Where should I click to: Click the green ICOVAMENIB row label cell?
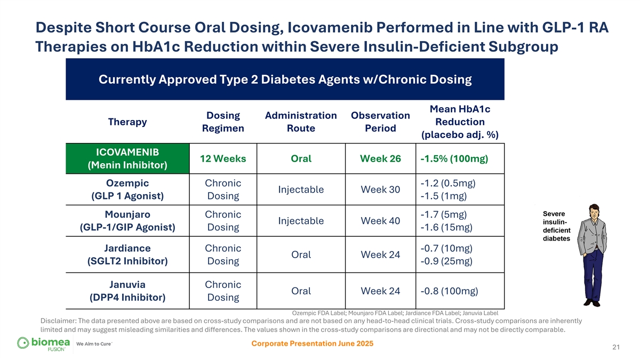[x=127, y=158]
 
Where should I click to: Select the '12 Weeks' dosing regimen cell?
[x=223, y=159]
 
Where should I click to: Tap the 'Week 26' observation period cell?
[x=380, y=159]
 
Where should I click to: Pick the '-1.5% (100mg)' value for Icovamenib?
[x=454, y=159]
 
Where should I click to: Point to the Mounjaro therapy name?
[x=127, y=215]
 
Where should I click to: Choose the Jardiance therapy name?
[x=127, y=248]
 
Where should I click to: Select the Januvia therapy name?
[x=127, y=284]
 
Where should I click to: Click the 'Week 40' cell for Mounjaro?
[x=380, y=221]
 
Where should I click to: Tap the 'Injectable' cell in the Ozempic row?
[x=301, y=190]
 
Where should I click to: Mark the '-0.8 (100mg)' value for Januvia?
[x=449, y=291]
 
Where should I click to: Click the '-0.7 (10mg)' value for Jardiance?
[x=446, y=249]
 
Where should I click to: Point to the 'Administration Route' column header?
[x=301, y=122]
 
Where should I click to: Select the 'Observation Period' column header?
[x=380, y=122]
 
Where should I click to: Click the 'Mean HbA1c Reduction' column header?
[x=460, y=122]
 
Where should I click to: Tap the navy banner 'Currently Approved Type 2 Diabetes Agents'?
[x=285, y=80]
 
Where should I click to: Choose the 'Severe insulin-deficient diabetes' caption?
[x=556, y=226]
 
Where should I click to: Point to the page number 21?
[x=616, y=348]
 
